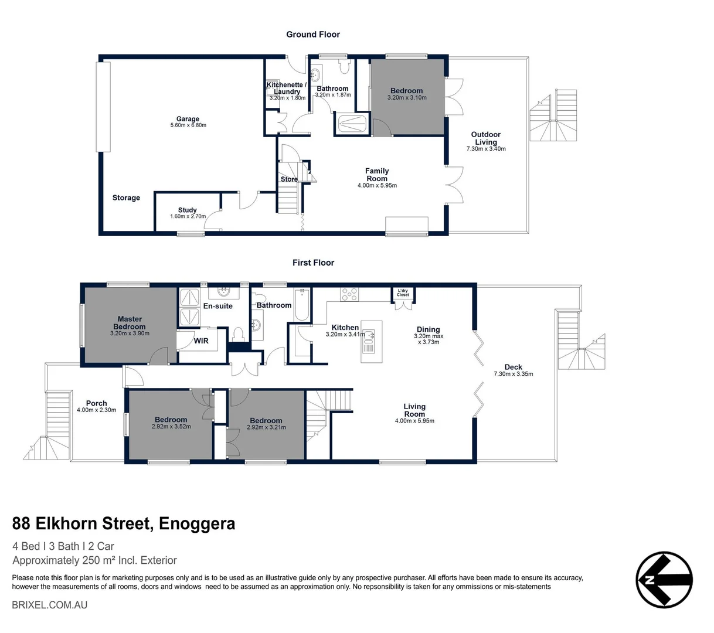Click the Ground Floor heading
click(x=312, y=35)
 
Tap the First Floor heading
click(x=313, y=263)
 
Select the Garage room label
click(x=188, y=119)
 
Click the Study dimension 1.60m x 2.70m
click(x=188, y=216)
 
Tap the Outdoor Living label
click(x=485, y=138)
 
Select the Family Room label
click(x=377, y=175)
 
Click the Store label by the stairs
click(x=288, y=179)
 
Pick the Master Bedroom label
click(x=130, y=323)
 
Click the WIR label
click(x=201, y=341)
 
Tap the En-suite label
click(x=217, y=306)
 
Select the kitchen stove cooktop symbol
click(x=350, y=294)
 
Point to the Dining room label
click(x=428, y=329)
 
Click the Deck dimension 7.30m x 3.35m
click(x=513, y=374)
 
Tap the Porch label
click(x=96, y=403)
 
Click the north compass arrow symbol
click(x=664, y=580)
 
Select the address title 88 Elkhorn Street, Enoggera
click(x=124, y=523)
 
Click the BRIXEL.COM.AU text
click(x=49, y=604)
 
